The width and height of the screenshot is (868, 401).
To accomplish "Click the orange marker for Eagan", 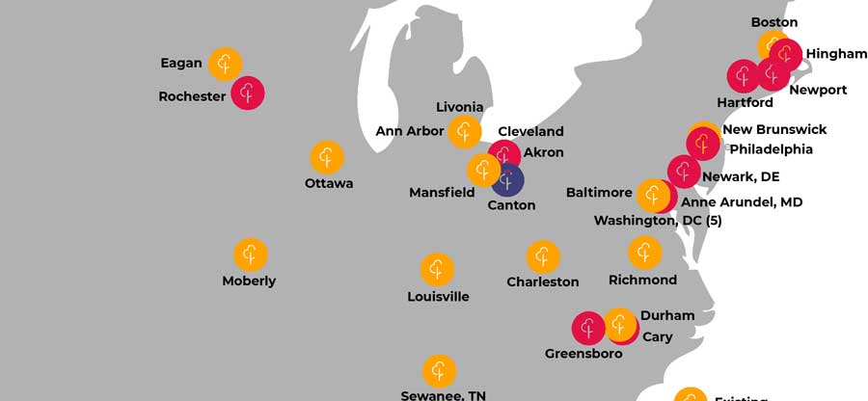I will tap(225, 64).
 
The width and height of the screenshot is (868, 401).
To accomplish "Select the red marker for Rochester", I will tap(248, 94).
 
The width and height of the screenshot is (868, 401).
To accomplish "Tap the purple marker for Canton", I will tap(507, 178).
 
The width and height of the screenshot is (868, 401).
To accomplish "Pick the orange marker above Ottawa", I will tap(327, 156).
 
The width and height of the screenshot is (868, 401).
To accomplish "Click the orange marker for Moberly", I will tap(251, 254).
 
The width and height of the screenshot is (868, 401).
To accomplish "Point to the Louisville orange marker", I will tap(437, 269).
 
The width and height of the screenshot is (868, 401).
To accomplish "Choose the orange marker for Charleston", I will tap(543, 256).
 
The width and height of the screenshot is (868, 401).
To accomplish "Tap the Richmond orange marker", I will tap(644, 253).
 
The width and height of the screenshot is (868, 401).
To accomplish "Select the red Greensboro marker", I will tap(588, 328).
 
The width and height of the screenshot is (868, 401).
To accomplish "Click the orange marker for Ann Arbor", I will tap(465, 131).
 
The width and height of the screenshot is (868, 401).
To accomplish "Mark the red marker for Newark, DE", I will tap(684, 172).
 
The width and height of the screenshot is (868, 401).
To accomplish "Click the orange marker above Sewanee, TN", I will tap(439, 370).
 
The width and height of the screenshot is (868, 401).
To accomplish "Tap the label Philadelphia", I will tap(771, 149).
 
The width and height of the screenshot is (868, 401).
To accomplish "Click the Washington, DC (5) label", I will tap(657, 221).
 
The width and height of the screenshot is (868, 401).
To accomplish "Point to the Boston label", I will tap(773, 21).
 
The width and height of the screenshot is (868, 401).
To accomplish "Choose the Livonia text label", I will tap(459, 107).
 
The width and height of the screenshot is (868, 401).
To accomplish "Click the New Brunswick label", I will tap(774, 129).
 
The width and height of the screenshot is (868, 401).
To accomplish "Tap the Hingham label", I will tap(836, 54).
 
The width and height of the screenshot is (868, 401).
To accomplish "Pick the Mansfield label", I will tap(442, 193).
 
